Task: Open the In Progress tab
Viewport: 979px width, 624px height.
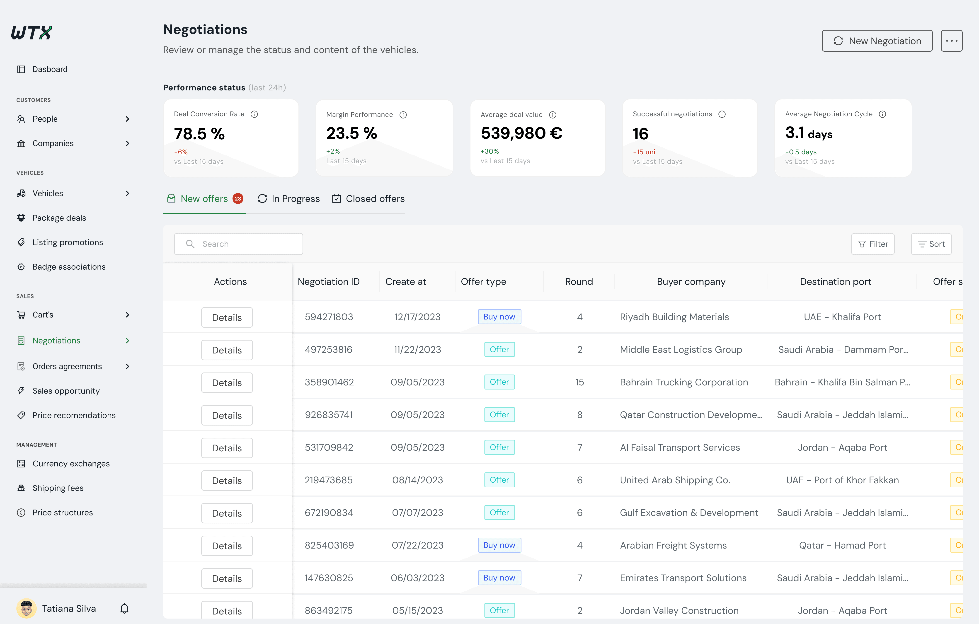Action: pos(289,199)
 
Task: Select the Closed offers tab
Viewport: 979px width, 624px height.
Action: pos(368,199)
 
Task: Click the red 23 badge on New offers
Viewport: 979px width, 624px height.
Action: pos(238,199)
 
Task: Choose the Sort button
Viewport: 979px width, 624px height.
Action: pos(931,244)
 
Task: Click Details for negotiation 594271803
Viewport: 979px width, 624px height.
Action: pos(227,317)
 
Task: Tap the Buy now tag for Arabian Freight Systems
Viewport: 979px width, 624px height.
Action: pos(499,545)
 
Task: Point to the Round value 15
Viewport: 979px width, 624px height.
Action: pos(579,382)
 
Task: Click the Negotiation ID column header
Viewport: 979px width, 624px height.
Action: pos(329,282)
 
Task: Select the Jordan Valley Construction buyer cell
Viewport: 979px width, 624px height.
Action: pos(679,611)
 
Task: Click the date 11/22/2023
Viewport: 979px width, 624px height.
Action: pos(417,350)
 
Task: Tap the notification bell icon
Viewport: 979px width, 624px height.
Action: pos(124,609)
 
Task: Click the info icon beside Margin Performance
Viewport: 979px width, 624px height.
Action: pos(403,115)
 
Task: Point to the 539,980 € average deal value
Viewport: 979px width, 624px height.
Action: pos(522,133)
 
